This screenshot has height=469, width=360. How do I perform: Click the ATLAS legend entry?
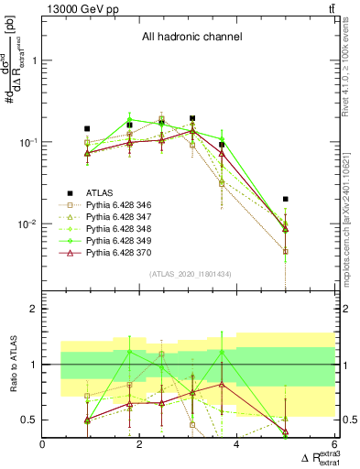97,192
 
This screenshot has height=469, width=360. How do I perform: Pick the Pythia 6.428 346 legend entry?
119,207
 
